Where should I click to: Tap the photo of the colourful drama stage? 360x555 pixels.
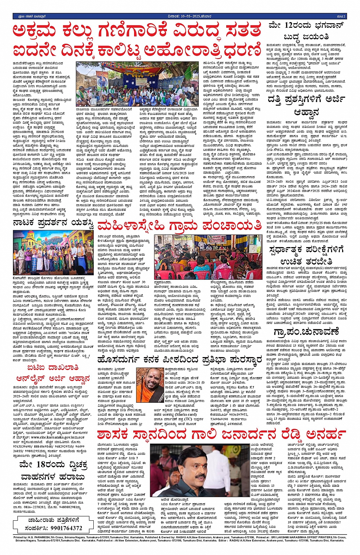53,252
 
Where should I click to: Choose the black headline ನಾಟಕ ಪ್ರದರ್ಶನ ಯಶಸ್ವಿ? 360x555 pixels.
53,223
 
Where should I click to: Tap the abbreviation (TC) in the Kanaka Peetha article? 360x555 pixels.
188,419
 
